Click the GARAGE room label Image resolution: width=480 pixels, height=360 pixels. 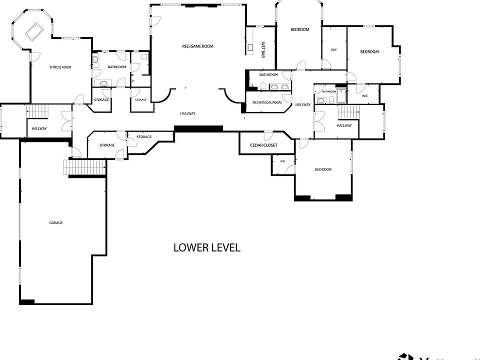coord(56,222)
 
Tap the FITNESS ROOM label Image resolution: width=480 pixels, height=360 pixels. coord(60,67)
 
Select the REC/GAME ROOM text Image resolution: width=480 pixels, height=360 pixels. coord(197,46)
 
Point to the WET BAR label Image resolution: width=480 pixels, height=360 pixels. coord(262,50)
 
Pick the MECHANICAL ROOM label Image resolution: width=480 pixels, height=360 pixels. coord(267,102)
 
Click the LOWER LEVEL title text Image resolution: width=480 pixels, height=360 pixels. coord(206,247)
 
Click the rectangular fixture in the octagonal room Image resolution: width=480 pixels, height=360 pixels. coord(34,32)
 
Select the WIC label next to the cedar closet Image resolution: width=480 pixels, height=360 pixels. coord(282,161)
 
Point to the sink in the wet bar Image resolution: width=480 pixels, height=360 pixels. coord(250,48)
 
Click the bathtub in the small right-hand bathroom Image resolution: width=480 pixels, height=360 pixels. coord(341,95)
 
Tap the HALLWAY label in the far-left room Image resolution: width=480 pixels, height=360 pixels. coord(39,128)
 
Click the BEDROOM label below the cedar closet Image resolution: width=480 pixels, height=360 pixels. coord(323,169)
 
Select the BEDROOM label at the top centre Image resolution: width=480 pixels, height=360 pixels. coord(299,29)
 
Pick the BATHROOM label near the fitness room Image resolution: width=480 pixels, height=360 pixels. coord(116,67)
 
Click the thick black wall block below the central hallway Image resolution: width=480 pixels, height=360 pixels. coord(198,128)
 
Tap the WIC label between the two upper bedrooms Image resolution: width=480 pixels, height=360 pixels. coord(333,49)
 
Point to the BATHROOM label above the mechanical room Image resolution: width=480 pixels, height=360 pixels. coord(268,75)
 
